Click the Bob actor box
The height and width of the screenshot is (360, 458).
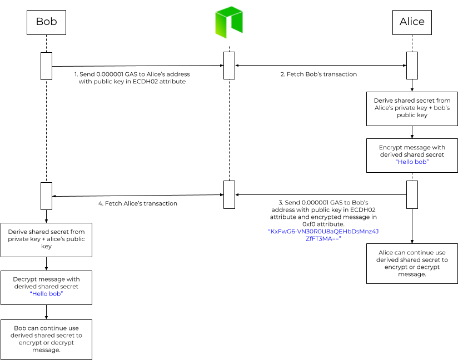click(47, 22)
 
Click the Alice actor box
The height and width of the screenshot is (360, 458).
click(412, 22)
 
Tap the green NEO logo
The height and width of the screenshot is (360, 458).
click(229, 22)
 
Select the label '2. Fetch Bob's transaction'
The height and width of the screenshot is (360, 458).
click(318, 74)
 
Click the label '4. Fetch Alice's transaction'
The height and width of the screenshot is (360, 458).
click(138, 203)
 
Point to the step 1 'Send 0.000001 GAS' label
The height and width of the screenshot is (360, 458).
click(132, 78)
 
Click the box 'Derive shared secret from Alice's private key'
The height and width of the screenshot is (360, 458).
click(412, 109)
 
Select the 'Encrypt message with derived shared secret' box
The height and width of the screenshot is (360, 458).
click(412, 156)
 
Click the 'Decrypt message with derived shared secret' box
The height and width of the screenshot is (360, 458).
click(47, 288)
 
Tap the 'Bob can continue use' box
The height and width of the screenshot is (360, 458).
click(47, 339)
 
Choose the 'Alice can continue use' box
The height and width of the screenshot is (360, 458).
click(412, 264)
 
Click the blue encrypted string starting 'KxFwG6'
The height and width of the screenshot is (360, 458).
click(323, 235)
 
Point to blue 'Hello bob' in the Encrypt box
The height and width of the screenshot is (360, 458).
click(412, 162)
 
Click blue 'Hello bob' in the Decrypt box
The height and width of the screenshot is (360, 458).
click(47, 294)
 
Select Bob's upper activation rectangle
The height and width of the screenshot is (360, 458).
click(47, 66)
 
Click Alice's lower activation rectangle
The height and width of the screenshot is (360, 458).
click(412, 195)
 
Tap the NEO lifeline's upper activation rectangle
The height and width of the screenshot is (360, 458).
click(229, 66)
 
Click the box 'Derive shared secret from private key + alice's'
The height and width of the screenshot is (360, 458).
click(47, 240)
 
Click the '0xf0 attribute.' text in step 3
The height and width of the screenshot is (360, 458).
click(323, 224)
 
